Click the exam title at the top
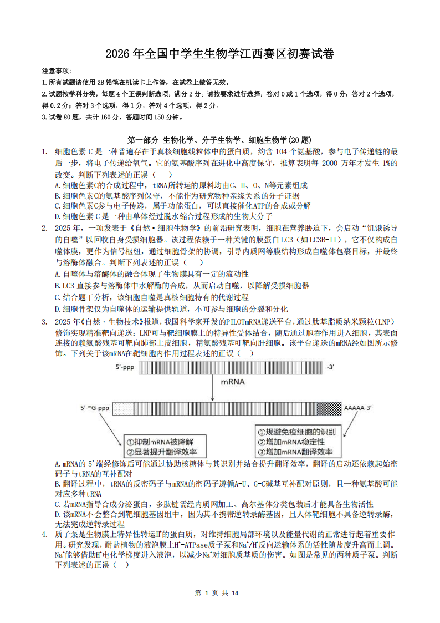220,54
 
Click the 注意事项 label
57,71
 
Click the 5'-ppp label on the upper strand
125,367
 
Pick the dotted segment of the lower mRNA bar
123,409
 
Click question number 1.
44,151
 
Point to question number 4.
44,534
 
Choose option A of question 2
152,274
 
